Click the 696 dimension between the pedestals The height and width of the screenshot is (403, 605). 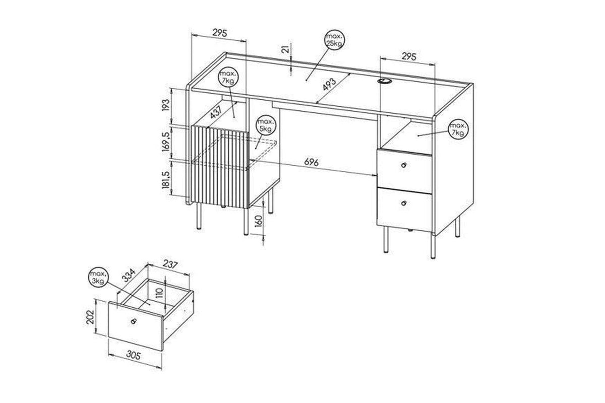312,162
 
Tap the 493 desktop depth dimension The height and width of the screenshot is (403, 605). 329,85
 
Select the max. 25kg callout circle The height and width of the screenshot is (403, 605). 335,40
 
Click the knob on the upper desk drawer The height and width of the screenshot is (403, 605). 404,165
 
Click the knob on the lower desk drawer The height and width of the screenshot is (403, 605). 404,203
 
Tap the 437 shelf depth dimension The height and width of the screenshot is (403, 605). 216,111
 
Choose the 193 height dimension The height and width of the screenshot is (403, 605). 165,105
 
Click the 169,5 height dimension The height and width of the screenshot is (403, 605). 166,142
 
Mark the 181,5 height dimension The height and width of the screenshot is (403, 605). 166,179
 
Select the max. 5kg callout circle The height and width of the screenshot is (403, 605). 266,125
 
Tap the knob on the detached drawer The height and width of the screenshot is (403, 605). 133,321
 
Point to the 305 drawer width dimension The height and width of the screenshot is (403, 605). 134,356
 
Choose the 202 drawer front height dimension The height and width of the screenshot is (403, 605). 90,317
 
